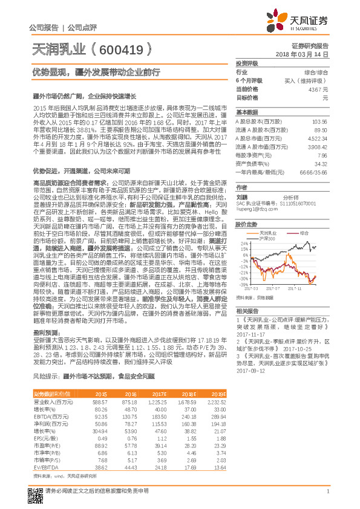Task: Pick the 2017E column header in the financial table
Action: coord(158,393)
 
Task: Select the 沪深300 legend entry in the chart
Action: coord(267,238)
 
